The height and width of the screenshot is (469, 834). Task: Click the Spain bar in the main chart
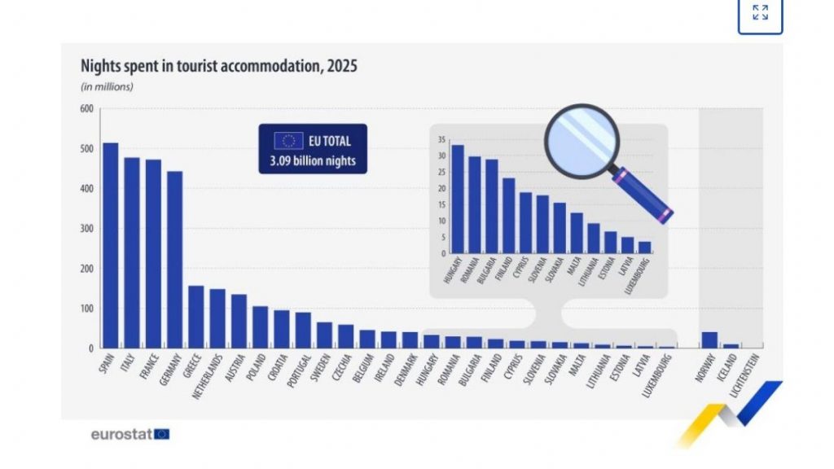pos(110,245)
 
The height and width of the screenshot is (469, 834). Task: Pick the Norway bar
pos(709,340)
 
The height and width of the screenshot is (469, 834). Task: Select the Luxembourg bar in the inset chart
pos(644,247)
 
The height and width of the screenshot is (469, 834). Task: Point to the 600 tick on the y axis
pos(86,109)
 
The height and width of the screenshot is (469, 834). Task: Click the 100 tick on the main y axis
pos(86,309)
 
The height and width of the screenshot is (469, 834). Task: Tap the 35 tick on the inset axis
pos(439,140)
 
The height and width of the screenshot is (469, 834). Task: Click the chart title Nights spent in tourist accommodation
pos(217,66)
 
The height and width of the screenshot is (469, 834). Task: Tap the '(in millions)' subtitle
pos(107,86)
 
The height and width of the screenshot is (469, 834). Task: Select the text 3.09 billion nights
pos(314,160)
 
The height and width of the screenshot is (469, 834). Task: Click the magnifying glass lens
pos(581,138)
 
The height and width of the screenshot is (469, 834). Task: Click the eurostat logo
pos(129,434)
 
